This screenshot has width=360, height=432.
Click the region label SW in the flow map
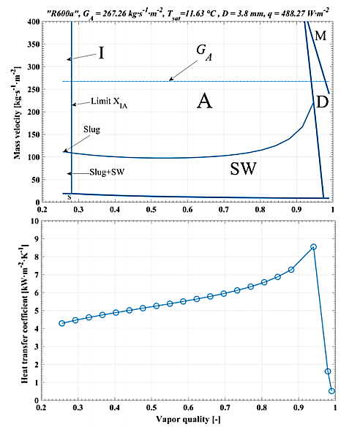243,169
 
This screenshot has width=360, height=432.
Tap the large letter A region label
204,102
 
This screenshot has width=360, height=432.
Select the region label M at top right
320,35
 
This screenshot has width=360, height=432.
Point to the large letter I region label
102,53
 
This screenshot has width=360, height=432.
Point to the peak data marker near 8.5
313,247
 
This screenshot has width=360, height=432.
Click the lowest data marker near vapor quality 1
331,391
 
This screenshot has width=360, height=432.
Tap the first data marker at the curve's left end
62,323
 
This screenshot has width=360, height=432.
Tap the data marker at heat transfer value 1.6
327,371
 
